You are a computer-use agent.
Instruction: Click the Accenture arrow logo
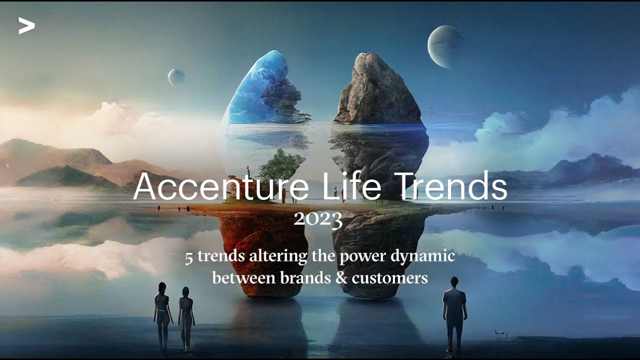point(26,25)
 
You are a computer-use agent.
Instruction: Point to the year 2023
point(318,218)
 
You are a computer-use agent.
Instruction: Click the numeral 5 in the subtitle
point(189,257)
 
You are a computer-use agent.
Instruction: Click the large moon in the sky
point(444,46)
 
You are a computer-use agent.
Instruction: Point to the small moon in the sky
point(176,77)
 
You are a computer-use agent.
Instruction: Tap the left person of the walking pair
point(162,315)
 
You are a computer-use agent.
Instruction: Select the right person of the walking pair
point(186,317)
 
